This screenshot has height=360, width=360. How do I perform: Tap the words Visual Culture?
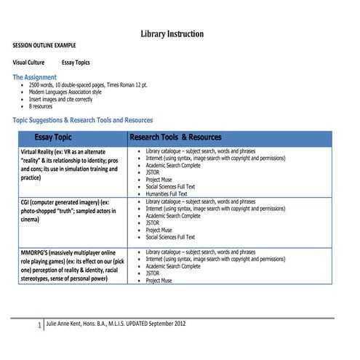coord(28,63)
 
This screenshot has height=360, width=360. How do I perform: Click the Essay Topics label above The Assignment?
coord(76,63)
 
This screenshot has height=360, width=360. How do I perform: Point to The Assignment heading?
coord(35,76)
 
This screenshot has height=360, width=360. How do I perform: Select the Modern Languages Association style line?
coord(76,92)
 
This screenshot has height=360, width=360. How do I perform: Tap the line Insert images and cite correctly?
coord(71,100)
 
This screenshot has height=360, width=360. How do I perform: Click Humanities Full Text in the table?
coord(167,193)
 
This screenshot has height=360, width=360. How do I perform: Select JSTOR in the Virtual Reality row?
coord(153,172)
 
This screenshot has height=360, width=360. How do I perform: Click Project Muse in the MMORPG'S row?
coord(159,280)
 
